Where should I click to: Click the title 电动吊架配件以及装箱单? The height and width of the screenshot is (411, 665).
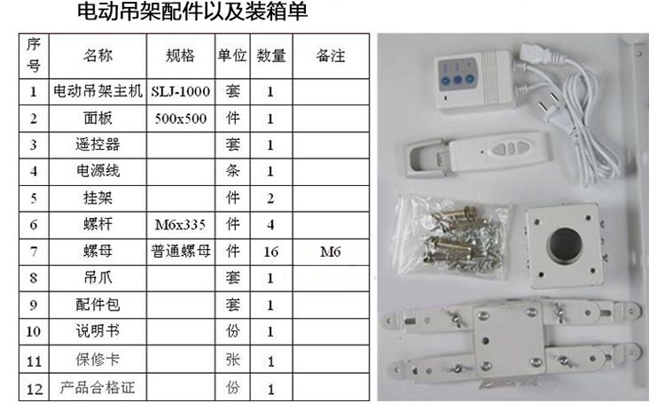[x=192, y=12]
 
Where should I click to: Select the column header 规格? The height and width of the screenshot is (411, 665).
[x=180, y=56]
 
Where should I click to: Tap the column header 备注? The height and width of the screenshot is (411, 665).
[x=331, y=56]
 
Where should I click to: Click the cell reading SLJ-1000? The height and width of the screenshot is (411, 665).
[x=180, y=91]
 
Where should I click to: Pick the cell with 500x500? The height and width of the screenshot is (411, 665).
[x=180, y=118]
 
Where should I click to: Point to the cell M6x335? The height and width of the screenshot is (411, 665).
[x=180, y=225]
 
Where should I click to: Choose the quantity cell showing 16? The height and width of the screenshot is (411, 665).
[x=271, y=252]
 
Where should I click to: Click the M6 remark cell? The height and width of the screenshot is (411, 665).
[x=331, y=252]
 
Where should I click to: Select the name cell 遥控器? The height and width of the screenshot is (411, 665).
[x=98, y=144]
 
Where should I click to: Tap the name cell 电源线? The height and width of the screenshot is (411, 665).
[x=98, y=171]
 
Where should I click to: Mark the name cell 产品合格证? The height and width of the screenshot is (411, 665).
[x=98, y=387]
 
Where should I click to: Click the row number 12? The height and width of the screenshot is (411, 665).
[x=34, y=389]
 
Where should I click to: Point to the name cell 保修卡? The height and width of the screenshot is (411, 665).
[x=98, y=360]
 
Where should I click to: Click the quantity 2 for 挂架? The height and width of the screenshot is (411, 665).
[x=270, y=198]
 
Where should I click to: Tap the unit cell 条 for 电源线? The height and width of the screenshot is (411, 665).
[x=232, y=171]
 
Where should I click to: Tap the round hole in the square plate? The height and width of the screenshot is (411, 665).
[x=566, y=244]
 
